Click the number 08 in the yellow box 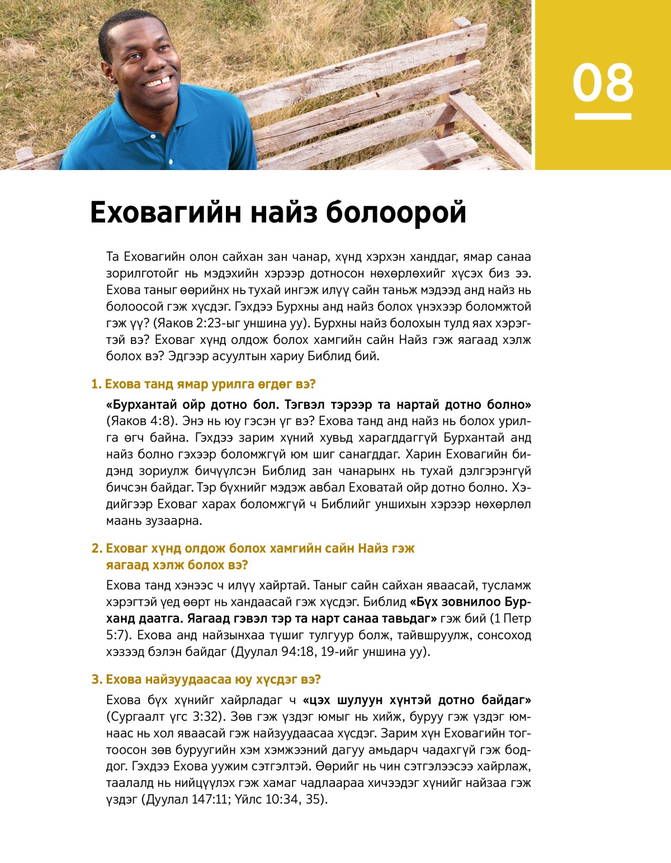pos(603,83)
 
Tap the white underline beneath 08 pos(603,116)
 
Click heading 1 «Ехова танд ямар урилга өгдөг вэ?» pos(204,384)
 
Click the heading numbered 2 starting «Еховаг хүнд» pos(253,549)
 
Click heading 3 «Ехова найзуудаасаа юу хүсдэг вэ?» pos(206,680)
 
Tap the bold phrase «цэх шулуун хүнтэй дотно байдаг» pos(417,700)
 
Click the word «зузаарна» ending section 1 pos(172,521)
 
